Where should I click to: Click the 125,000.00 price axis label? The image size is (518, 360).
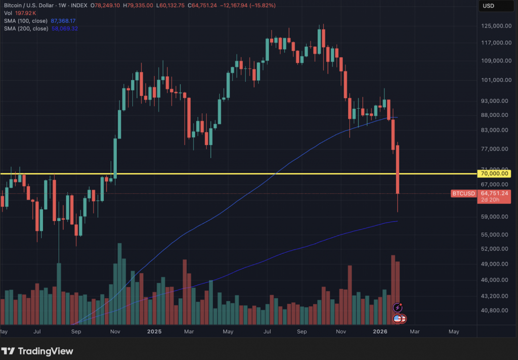coord(494,26)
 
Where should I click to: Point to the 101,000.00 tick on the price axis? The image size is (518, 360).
coord(494,80)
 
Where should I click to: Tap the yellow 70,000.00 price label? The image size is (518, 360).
coord(495,173)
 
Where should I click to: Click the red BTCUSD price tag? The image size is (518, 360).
coord(463,193)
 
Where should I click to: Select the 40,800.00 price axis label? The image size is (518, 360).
coord(495,310)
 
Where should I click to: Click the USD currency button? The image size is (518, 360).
coord(489,6)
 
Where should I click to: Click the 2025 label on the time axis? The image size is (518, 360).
coord(154,332)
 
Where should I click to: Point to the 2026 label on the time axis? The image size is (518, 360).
coord(380,332)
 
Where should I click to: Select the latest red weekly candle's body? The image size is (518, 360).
coord(398,169)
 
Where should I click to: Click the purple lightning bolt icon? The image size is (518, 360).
coord(398,307)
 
